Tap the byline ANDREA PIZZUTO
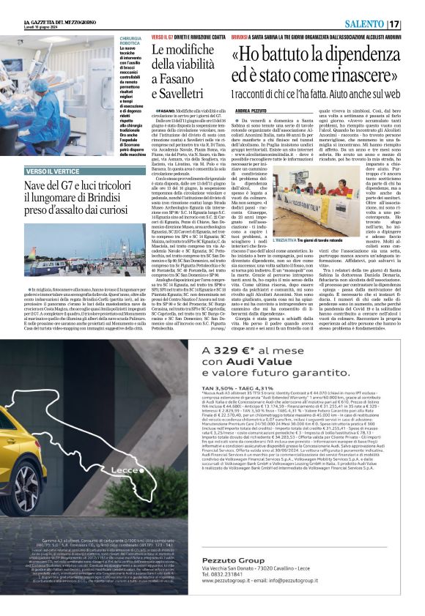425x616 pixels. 249,110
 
